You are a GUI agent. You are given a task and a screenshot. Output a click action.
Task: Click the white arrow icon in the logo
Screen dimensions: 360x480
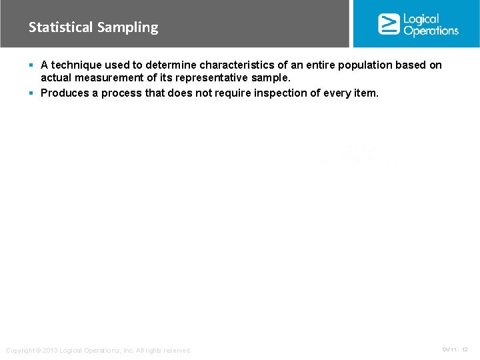pyautogui.click(x=388, y=24)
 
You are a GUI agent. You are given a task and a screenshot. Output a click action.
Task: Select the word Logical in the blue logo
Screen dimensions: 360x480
pyautogui.click(x=421, y=19)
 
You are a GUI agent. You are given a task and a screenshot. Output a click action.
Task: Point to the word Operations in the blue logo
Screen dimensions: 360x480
pyautogui.click(x=431, y=31)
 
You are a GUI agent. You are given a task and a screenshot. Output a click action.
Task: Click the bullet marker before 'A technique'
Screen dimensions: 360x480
pyautogui.click(x=32, y=65)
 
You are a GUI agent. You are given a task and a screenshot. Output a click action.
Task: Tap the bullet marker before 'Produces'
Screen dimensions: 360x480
pyautogui.click(x=32, y=93)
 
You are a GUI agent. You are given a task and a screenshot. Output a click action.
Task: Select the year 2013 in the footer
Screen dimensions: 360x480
pyautogui.click(x=51, y=351)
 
